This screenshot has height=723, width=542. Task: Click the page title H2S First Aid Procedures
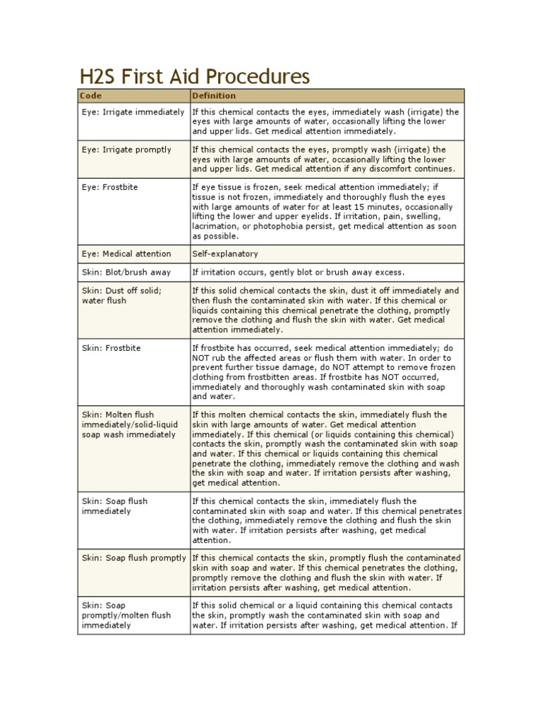[x=193, y=76]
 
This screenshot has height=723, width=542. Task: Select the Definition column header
[x=215, y=95]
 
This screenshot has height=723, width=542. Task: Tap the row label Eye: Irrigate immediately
[x=133, y=112]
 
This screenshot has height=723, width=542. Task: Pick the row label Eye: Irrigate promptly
[x=126, y=150]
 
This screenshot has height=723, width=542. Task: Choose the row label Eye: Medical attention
[x=126, y=253]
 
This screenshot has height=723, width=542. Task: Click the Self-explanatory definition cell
[x=225, y=253]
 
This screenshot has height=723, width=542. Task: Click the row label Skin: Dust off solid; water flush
[x=121, y=296]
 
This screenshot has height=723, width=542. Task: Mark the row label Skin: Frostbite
[x=111, y=348]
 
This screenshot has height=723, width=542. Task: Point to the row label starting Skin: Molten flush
[x=129, y=424]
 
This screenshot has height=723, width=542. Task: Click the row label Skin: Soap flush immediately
[x=115, y=506]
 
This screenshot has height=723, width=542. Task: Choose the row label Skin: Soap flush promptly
[x=133, y=558]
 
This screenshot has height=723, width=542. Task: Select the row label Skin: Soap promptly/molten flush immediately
[x=126, y=615]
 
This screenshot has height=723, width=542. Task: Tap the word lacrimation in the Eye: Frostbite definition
[x=215, y=227]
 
